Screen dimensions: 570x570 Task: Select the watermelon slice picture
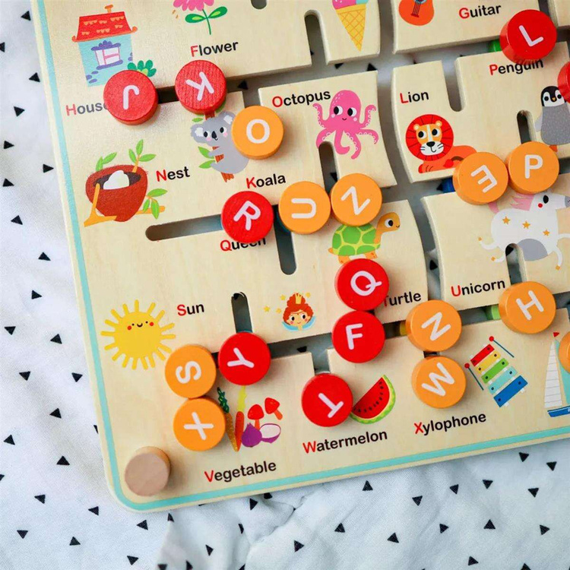pos(374,400)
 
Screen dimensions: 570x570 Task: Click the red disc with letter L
pos(528,36)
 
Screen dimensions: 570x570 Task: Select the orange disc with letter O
pos(258,131)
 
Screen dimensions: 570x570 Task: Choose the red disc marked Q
pos(363,284)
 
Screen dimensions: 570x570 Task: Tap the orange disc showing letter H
pos(527,307)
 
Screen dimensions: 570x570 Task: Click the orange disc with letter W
pos(439,382)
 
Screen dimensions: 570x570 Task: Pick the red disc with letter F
pos(358,337)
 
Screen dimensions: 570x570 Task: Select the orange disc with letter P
pos(533,167)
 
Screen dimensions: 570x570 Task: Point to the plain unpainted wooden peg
pos(147,471)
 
